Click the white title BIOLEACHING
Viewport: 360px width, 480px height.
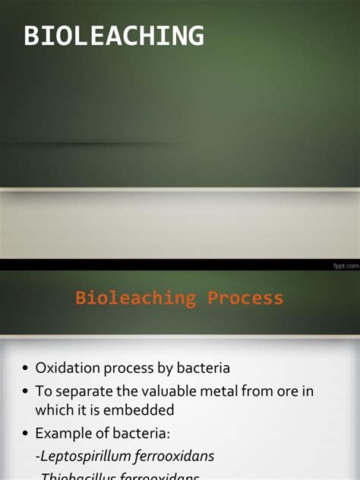point(114,36)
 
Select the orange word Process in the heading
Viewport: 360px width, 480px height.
point(244,298)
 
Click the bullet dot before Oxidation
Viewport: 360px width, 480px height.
point(24,368)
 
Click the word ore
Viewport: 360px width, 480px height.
point(287,391)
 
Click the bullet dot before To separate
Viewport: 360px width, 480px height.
point(24,392)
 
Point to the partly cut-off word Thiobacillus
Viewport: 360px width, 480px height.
point(80,476)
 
